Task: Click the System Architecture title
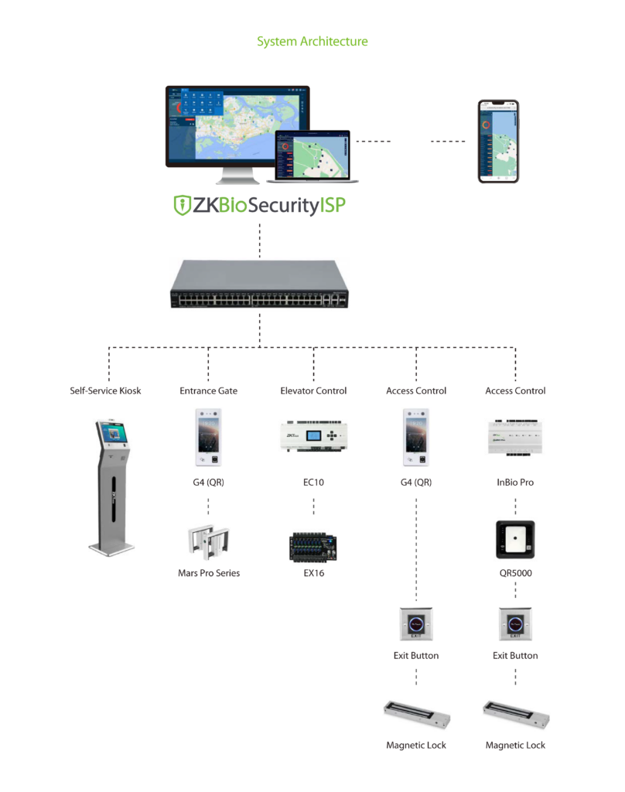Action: tap(312, 41)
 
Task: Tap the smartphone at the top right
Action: tap(497, 141)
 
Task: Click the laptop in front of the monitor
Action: tap(312, 157)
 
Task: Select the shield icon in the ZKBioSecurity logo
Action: tap(182, 205)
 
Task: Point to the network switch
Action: tap(259, 284)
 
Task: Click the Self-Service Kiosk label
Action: tap(106, 391)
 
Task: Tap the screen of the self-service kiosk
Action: tap(110, 435)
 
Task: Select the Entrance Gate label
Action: tap(208, 391)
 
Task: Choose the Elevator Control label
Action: tap(313, 391)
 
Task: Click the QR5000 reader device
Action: tap(515, 539)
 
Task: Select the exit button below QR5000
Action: tap(515, 623)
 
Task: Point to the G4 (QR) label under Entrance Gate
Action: tap(208, 482)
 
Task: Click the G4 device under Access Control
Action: tap(416, 438)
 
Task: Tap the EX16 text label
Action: tap(313, 573)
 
